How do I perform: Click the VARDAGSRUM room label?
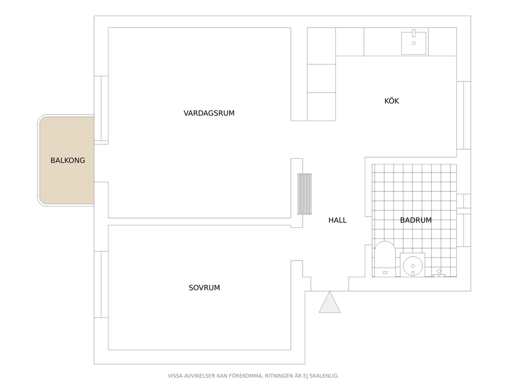click(x=209, y=113)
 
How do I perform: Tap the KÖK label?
click(x=391, y=101)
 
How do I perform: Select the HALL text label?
click(x=337, y=220)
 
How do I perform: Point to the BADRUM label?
click(x=416, y=220)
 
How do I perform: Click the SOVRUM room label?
click(x=204, y=288)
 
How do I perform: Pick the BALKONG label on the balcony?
click(x=67, y=160)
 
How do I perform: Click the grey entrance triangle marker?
click(x=330, y=302)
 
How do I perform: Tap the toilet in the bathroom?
click(x=385, y=259)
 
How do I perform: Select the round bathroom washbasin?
click(x=413, y=266)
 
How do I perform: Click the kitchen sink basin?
click(x=413, y=43)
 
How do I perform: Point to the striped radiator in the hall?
click(x=305, y=194)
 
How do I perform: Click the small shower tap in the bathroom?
click(x=439, y=273)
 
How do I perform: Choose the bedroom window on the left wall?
click(x=101, y=284)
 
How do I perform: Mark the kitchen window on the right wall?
click(x=464, y=115)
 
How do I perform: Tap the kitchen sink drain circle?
click(x=413, y=43)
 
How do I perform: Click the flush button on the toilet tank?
click(x=385, y=273)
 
